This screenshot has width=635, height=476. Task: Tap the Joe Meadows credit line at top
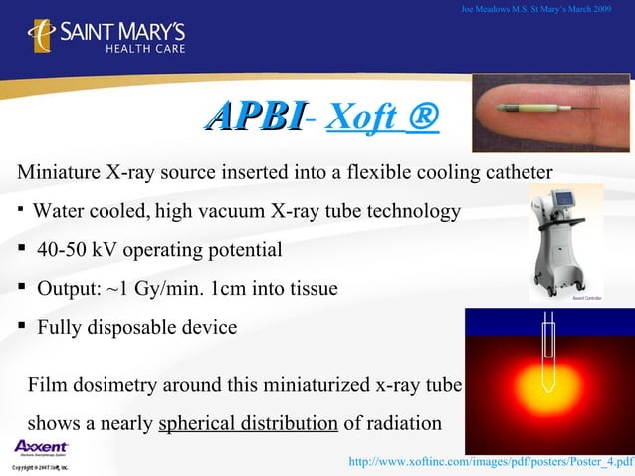click(537, 10)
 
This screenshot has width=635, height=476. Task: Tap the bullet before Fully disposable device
click(21, 327)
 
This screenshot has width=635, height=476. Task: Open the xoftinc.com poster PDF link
click(487, 462)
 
